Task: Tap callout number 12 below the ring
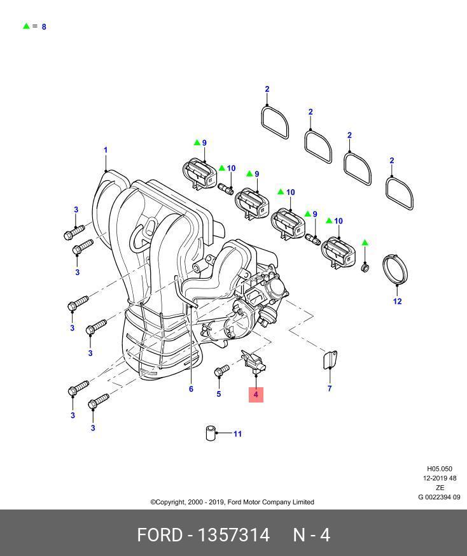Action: (x=397, y=301)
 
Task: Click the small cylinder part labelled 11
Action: (x=210, y=433)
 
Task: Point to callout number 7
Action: (x=330, y=388)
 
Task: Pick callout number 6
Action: (x=191, y=388)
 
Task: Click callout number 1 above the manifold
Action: (x=106, y=150)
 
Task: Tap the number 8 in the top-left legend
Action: (x=44, y=27)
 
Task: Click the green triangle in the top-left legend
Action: (x=26, y=26)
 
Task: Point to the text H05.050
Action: (x=439, y=469)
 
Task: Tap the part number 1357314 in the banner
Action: (x=234, y=534)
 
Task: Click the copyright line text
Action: (x=232, y=502)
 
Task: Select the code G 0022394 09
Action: (x=439, y=497)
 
